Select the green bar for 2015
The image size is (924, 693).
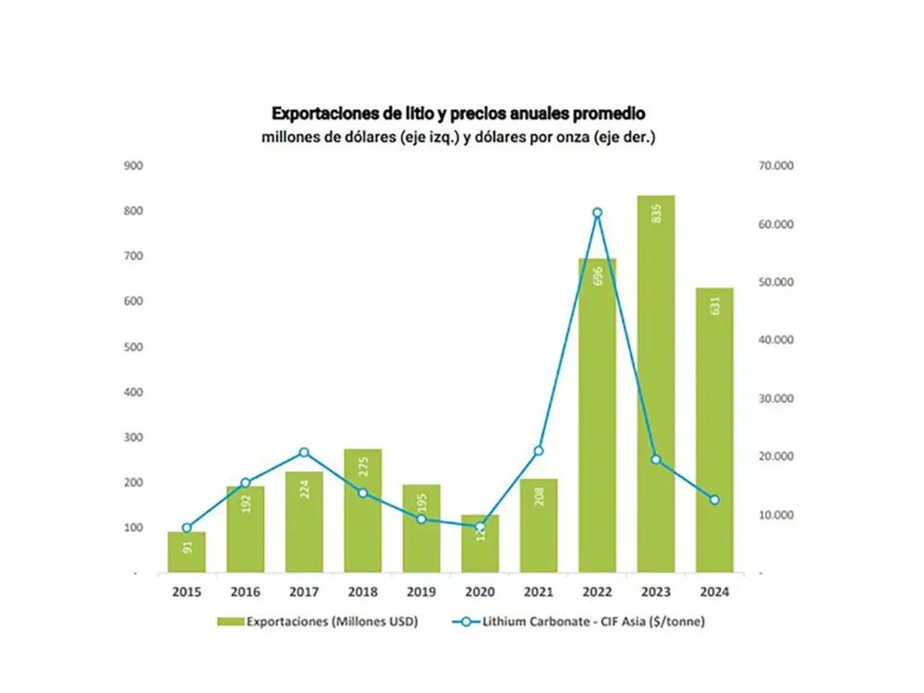[x=187, y=552]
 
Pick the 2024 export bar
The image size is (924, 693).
[x=714, y=430]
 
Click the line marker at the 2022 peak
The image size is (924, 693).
[x=597, y=213]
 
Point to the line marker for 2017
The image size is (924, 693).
[x=304, y=453]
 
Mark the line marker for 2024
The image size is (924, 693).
[x=714, y=500]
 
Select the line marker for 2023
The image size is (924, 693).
[x=656, y=459]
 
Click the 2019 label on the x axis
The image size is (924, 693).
[x=421, y=592]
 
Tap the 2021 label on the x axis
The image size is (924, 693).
[x=539, y=592]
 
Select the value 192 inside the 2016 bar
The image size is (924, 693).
[x=246, y=504]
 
